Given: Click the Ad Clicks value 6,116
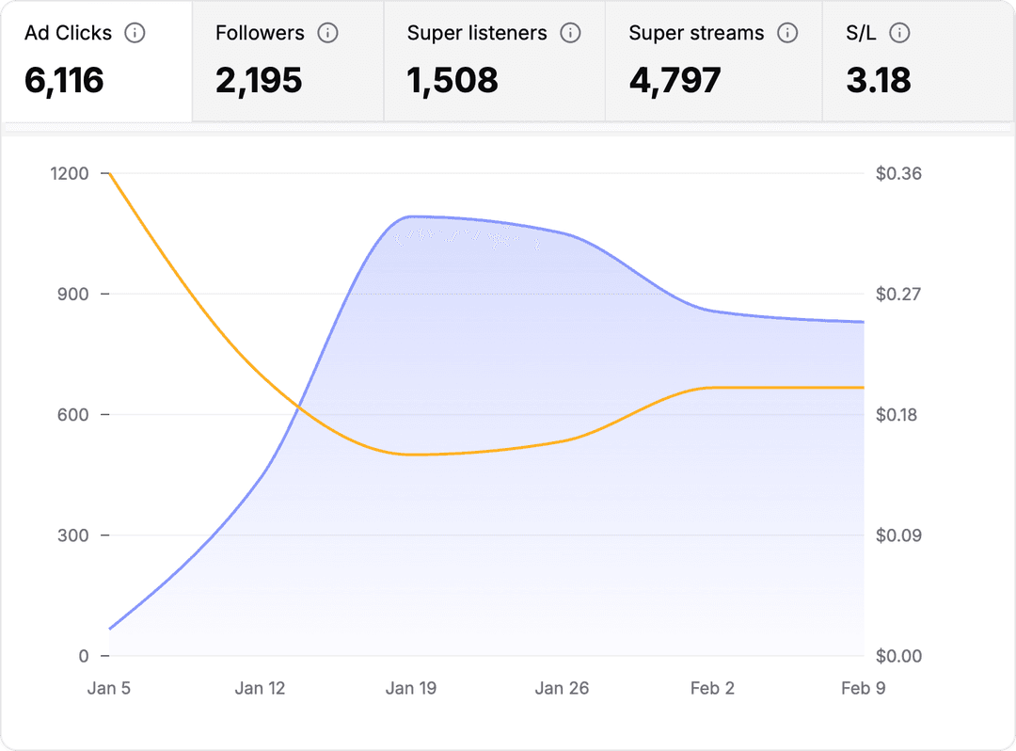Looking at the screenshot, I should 64,80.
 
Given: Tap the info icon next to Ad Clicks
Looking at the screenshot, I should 135,33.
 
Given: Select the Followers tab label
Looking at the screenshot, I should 260,33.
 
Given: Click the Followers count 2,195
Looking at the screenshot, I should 259,80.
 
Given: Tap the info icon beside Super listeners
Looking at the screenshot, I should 570,33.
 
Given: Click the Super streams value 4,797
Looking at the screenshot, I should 675,80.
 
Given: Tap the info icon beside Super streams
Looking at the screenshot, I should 787,33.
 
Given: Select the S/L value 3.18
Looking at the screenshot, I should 879,80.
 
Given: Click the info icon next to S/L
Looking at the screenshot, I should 899,33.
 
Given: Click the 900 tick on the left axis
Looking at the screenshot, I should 74,294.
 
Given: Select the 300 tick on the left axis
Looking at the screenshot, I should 74,535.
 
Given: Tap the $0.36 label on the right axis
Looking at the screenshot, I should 898,173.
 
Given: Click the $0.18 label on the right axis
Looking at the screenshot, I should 898,415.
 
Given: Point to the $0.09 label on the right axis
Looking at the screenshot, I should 898,535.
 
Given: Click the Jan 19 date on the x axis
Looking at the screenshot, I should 411,688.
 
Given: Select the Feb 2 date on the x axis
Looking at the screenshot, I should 712,688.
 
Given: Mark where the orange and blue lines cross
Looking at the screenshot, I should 298,407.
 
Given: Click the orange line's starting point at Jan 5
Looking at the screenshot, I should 110,173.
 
